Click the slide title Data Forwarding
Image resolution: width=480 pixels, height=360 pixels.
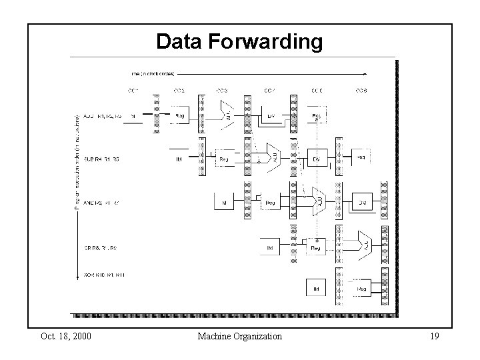point(239,42)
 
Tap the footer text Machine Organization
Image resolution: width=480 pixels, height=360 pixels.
point(239,336)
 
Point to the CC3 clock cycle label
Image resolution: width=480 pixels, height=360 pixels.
point(223,90)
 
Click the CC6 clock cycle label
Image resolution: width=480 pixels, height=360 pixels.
point(361,90)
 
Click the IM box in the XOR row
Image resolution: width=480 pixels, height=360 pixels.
point(317,289)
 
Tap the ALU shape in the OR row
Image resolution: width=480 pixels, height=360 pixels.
point(363,245)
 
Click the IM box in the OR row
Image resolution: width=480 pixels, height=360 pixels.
point(271,248)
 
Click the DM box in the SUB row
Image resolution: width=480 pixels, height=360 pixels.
point(317,159)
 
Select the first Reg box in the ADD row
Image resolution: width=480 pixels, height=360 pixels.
point(180,116)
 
